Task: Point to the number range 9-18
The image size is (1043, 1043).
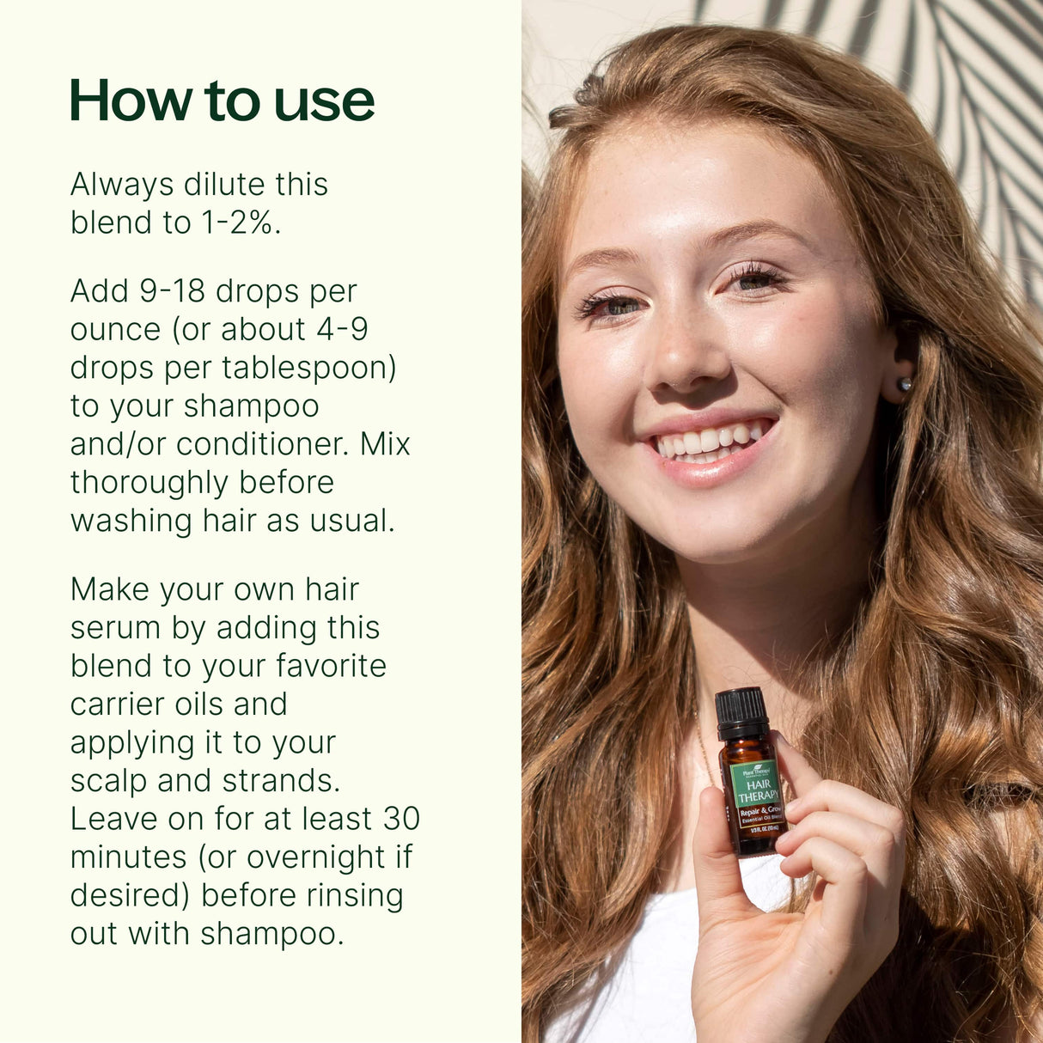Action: (x=173, y=292)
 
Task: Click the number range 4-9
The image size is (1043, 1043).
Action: (x=341, y=330)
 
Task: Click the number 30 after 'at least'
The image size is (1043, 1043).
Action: (x=401, y=819)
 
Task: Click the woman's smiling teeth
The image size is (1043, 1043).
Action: (x=710, y=442)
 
